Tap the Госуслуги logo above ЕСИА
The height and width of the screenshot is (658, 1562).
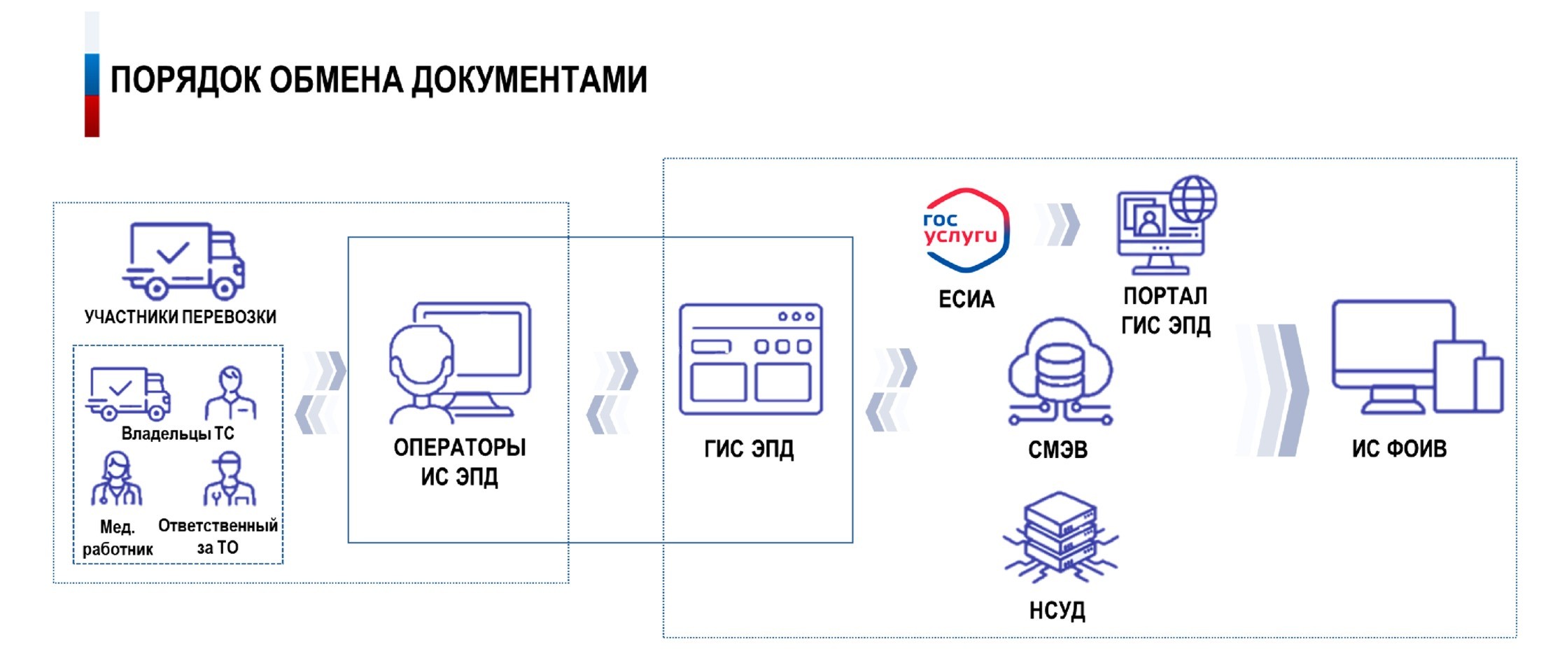(x=966, y=230)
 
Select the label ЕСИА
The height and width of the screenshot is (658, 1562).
(x=966, y=299)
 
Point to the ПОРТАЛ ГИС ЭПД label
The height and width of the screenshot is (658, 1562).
(x=1165, y=310)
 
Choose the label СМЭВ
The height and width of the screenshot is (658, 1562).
(x=1057, y=450)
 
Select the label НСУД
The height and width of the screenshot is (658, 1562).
(x=1057, y=610)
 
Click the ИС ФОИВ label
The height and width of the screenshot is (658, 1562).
(x=1399, y=448)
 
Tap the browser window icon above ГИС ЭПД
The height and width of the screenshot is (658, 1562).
(x=750, y=359)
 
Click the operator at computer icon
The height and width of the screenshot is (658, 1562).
(x=459, y=362)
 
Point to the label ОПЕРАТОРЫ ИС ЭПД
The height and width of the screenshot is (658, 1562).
(x=459, y=462)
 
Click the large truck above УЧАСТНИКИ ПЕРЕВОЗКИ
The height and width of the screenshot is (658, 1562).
(x=184, y=261)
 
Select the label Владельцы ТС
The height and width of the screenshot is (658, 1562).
(x=178, y=434)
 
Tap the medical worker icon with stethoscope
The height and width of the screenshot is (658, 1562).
(x=116, y=479)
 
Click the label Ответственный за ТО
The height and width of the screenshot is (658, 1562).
(x=218, y=536)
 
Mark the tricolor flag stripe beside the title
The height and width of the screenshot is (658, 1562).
(x=92, y=75)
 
